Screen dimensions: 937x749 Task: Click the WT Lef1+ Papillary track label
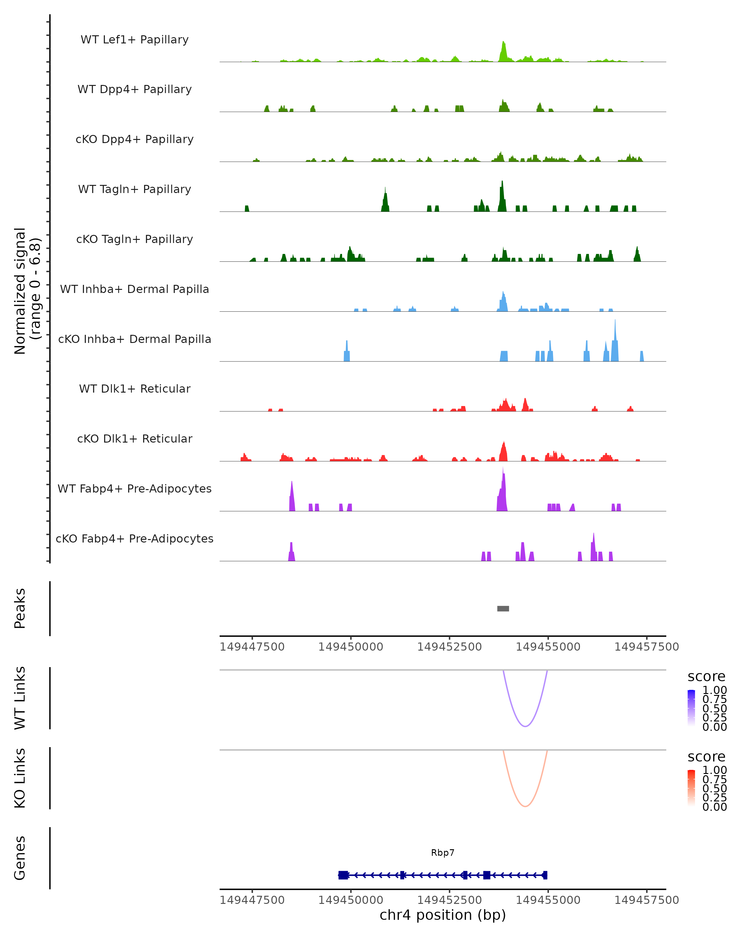[135, 40]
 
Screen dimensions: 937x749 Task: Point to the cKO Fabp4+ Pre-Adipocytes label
[135, 538]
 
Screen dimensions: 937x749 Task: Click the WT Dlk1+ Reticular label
[135, 389]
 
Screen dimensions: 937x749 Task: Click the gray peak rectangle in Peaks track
[503, 608]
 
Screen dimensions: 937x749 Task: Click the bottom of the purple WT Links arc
[525, 726]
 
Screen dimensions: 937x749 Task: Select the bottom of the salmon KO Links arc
[525, 806]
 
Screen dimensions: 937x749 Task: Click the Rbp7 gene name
[443, 853]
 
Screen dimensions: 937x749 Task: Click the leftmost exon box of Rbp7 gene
[343, 875]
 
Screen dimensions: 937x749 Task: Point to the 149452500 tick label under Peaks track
[449, 647]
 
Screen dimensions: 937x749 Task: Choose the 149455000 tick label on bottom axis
[548, 900]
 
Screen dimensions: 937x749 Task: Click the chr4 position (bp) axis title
[443, 915]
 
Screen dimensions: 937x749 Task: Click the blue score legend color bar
[691, 707]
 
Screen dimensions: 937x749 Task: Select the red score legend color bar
[691, 787]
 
